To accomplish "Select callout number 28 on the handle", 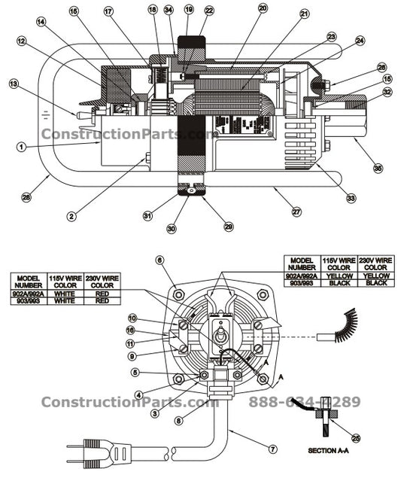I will tap(26, 198).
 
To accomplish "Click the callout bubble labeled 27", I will tap(296, 212).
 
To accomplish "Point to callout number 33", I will tap(351, 199).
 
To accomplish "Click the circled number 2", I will tap(71, 216).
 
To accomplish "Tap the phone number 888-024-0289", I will tap(305, 402).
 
